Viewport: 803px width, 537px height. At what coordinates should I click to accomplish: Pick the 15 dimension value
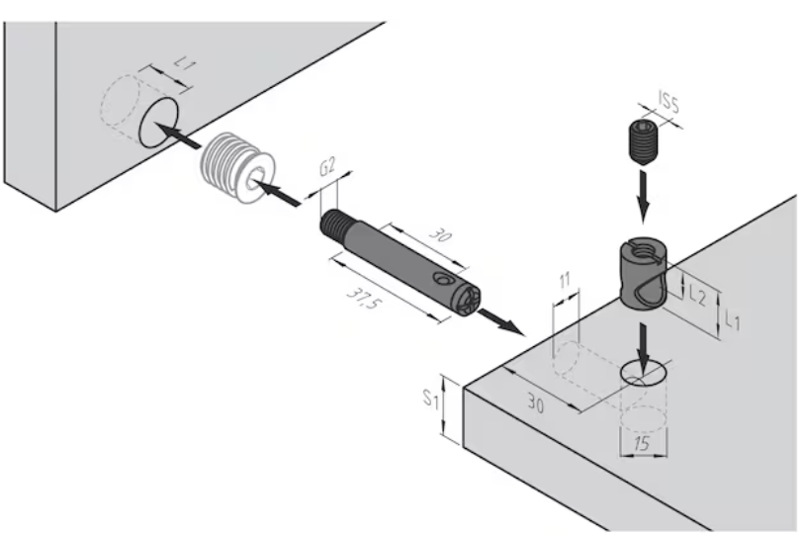coord(641,445)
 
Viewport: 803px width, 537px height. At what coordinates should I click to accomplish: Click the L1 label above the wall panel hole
coord(185,62)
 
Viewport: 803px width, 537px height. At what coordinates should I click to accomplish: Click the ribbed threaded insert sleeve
coord(231,164)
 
